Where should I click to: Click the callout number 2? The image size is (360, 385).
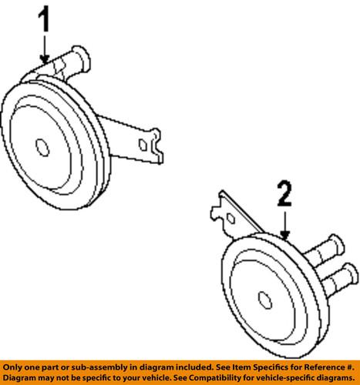(x=284, y=193)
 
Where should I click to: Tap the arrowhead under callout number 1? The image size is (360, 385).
(x=45, y=59)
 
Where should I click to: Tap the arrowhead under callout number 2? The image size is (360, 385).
(x=284, y=235)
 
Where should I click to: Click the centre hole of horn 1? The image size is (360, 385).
(x=42, y=148)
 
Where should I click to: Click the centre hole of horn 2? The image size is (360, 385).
(x=265, y=300)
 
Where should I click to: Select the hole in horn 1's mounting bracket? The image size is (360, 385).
(x=143, y=145)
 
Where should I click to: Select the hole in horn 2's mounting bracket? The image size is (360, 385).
(x=231, y=219)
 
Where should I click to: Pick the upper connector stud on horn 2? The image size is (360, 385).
(x=325, y=249)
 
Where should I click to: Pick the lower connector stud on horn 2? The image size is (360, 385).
(x=338, y=279)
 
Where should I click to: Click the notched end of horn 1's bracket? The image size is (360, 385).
(x=157, y=146)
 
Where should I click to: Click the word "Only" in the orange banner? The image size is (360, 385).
(x=12, y=367)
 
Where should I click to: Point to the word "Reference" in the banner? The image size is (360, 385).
(x=324, y=367)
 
